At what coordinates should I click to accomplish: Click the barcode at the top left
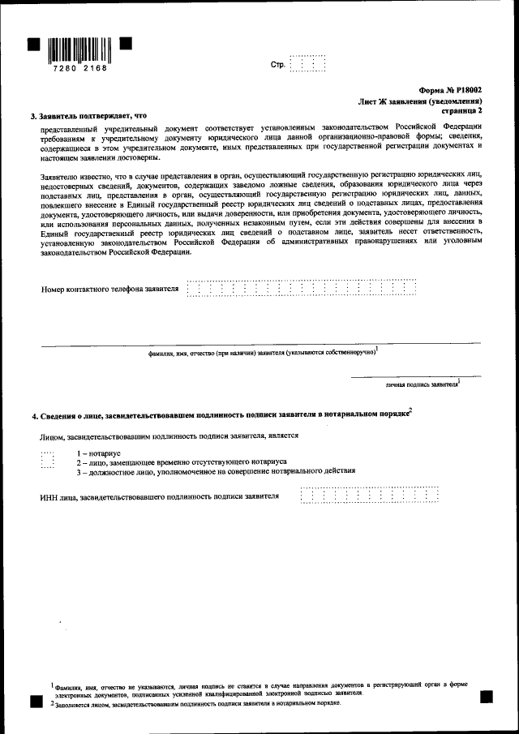click(79, 51)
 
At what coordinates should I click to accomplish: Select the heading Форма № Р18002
click(451, 92)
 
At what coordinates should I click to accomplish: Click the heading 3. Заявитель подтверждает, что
click(90, 116)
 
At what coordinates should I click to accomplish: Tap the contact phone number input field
click(301, 288)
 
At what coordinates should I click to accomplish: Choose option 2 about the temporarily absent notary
click(176, 462)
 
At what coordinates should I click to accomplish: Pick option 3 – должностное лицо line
click(216, 471)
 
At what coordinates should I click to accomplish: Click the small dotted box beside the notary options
click(47, 461)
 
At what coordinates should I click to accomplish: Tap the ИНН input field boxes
click(369, 495)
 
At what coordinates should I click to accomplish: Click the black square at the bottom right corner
click(487, 695)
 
